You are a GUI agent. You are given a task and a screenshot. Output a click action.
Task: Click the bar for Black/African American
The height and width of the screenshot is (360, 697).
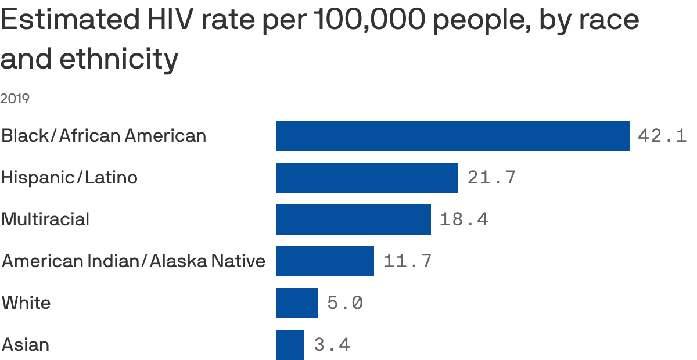click(452, 136)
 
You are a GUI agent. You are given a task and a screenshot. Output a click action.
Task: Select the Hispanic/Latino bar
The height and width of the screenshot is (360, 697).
click(367, 178)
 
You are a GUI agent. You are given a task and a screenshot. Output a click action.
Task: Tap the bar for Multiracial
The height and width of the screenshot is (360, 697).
click(353, 219)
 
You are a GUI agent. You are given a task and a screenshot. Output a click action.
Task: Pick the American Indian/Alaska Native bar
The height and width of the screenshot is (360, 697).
click(325, 261)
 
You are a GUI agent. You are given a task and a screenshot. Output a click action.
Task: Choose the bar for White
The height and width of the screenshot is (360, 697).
click(297, 303)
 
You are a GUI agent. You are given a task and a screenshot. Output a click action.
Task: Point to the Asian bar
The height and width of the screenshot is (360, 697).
click(290, 345)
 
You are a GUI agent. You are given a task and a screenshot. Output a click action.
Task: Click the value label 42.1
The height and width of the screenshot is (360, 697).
click(662, 136)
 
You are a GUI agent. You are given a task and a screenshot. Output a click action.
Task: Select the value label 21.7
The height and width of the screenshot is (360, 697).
click(491, 178)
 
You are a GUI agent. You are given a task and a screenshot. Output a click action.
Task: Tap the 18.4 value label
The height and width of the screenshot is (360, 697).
click(464, 219)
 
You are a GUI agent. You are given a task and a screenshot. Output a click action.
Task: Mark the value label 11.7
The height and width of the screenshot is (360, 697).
click(408, 261)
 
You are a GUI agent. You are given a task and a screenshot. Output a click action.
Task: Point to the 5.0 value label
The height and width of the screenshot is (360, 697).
click(345, 303)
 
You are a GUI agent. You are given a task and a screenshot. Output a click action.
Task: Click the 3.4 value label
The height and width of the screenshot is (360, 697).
click(332, 345)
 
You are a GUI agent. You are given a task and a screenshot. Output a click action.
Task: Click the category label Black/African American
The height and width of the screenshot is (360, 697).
click(103, 136)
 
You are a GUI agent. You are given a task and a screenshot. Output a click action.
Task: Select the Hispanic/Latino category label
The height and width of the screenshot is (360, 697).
click(69, 177)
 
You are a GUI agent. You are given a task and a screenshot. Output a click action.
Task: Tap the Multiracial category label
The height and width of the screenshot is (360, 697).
click(45, 219)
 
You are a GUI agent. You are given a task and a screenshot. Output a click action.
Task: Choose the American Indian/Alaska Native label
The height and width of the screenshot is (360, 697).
click(134, 261)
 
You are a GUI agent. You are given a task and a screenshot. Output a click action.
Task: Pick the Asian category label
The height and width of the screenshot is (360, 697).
click(26, 345)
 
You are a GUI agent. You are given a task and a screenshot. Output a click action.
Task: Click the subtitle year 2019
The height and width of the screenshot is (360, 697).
click(15, 99)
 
